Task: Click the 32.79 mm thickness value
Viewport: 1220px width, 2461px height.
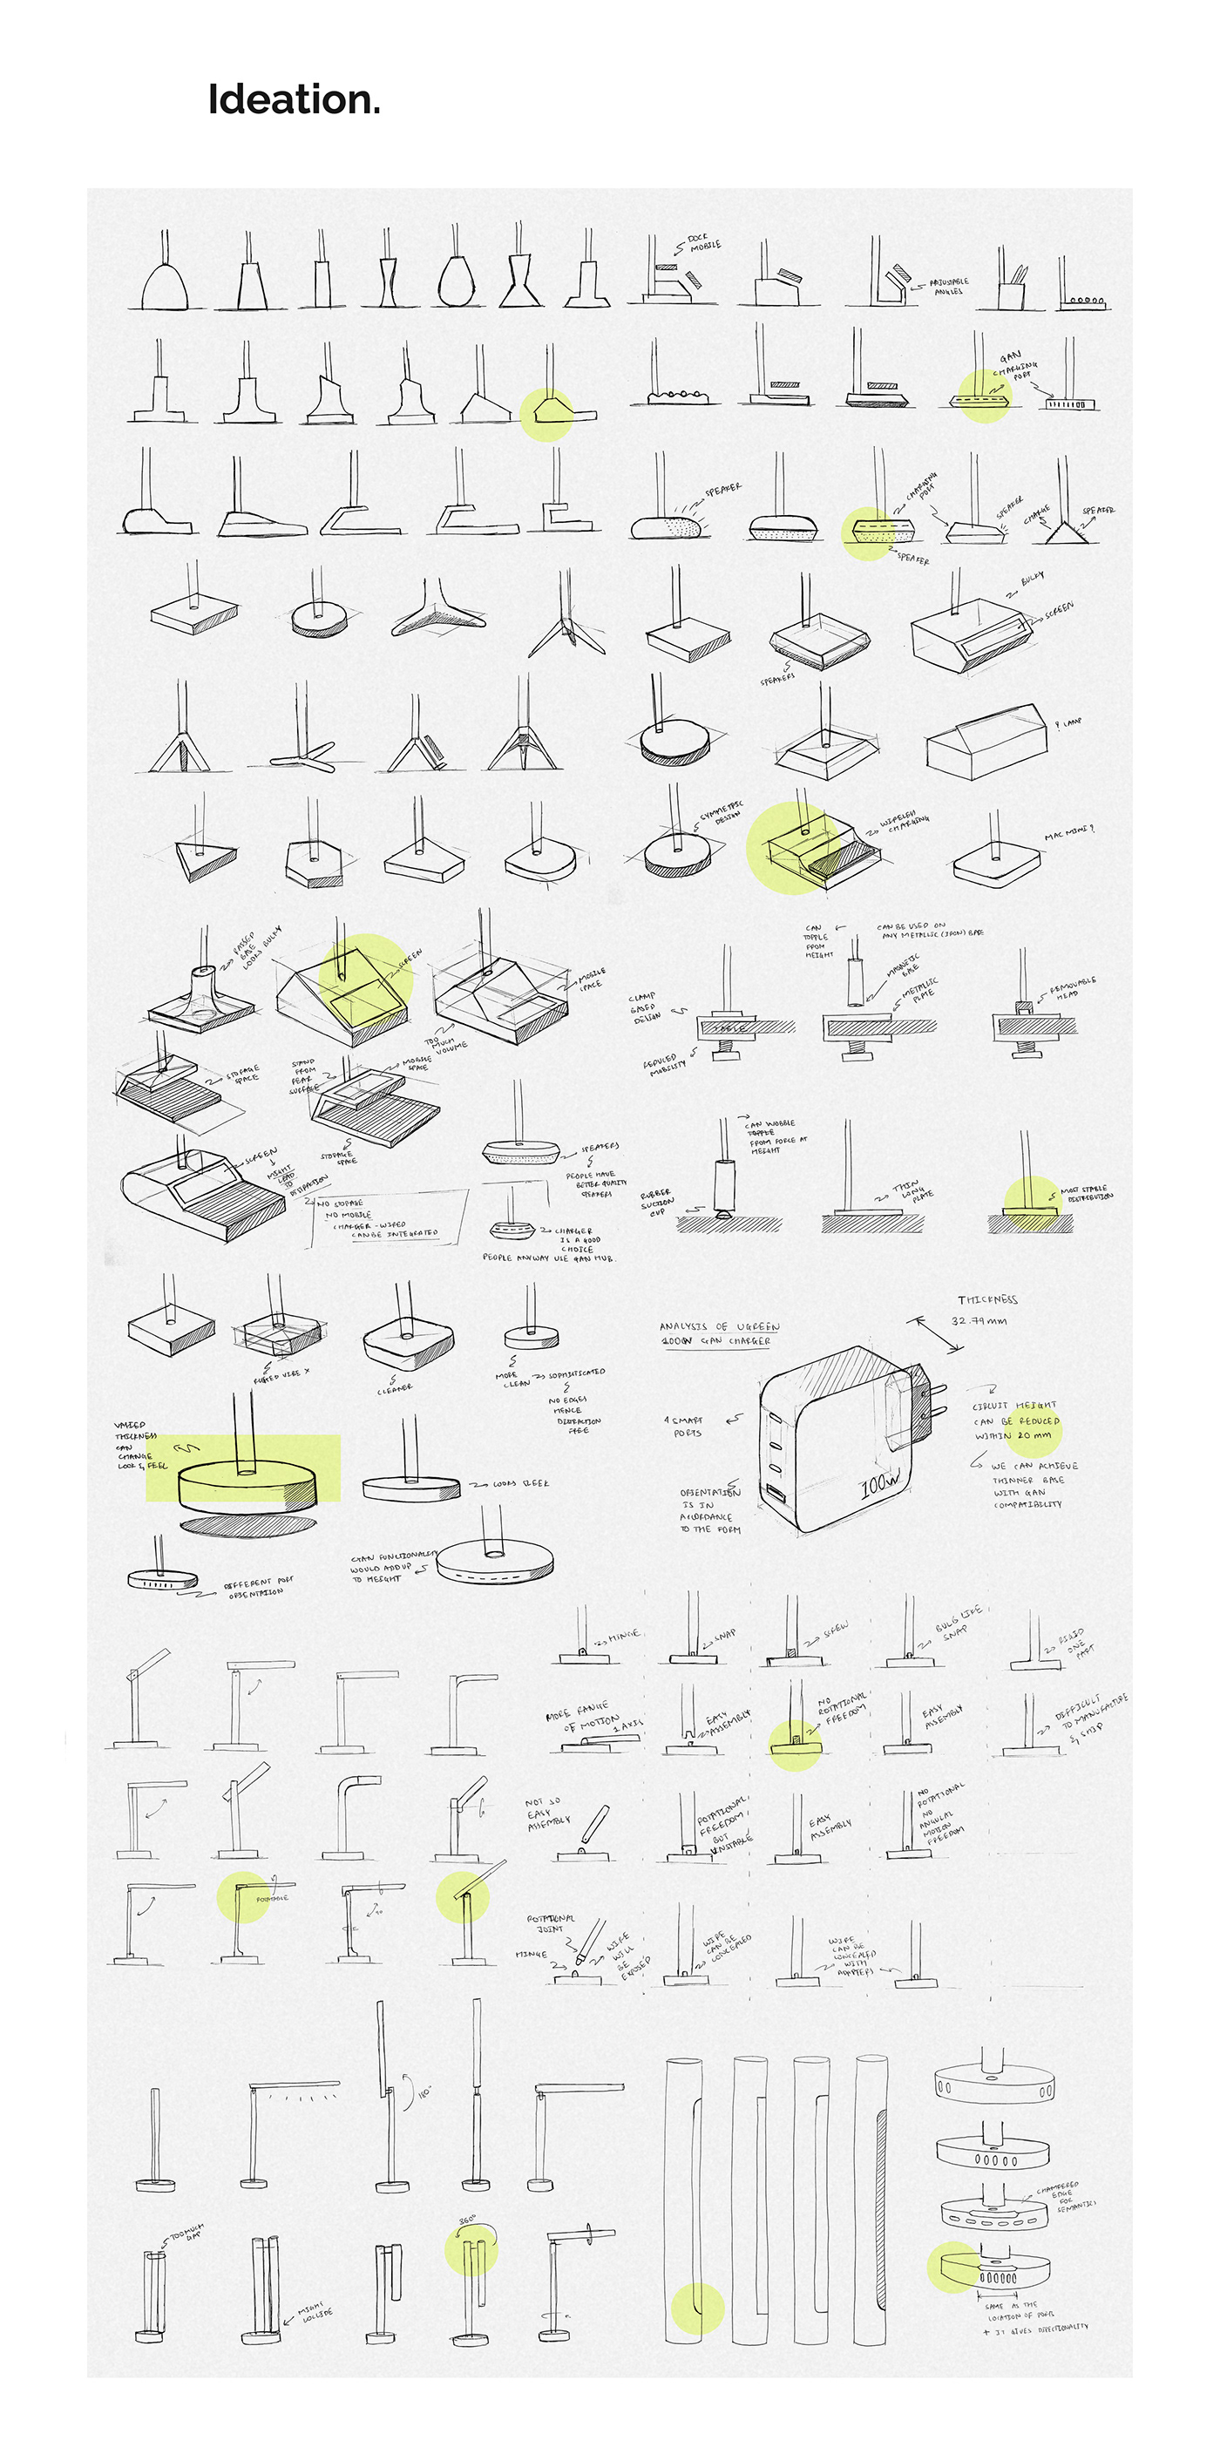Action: [979, 1321]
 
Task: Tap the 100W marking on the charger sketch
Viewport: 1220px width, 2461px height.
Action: [880, 1484]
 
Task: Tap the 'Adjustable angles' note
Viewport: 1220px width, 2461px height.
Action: [948, 286]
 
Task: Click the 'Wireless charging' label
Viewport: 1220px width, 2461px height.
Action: [903, 823]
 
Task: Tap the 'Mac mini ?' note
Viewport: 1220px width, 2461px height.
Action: [1068, 833]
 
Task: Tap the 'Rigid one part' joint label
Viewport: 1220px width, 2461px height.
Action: [1074, 1642]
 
